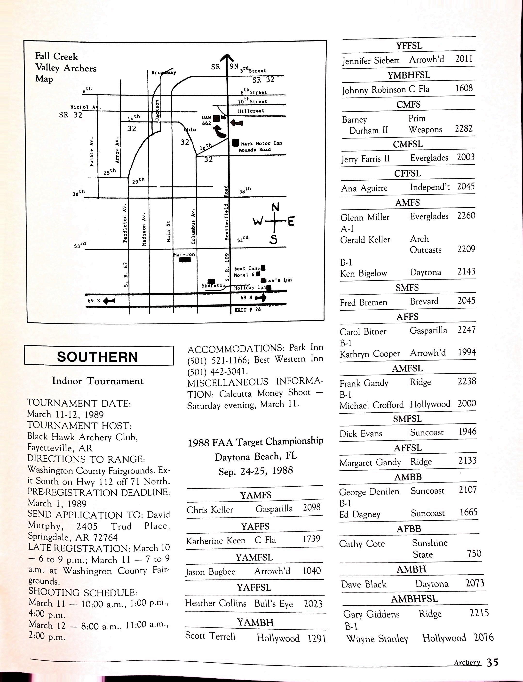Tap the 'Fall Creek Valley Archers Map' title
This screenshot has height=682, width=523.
[65, 68]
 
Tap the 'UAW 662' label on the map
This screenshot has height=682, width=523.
[206, 120]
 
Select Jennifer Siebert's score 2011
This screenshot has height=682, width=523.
[464, 59]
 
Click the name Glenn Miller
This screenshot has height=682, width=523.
[365, 217]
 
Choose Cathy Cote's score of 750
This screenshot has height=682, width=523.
[474, 554]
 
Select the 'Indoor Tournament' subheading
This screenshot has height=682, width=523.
[98, 381]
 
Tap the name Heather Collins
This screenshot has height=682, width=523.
[215, 603]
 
